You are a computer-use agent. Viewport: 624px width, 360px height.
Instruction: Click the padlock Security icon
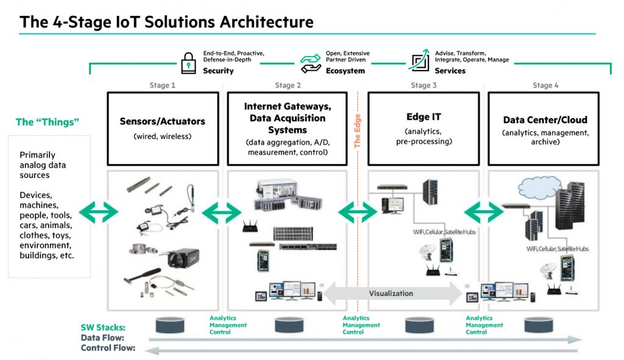[188, 62]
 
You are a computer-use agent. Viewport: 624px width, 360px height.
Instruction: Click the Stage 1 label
[162, 85]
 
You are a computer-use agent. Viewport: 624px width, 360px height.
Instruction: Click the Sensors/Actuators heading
[162, 122]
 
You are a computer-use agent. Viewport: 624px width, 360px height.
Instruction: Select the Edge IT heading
[423, 117]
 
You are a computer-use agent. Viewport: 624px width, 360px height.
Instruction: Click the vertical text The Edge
[358, 131]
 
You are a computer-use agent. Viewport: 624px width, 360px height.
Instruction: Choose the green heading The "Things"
[48, 122]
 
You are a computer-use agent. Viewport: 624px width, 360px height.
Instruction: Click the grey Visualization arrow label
[391, 293]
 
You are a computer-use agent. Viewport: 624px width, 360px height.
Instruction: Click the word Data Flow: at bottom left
[102, 337]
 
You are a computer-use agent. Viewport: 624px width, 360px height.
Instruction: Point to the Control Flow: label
[107, 348]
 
